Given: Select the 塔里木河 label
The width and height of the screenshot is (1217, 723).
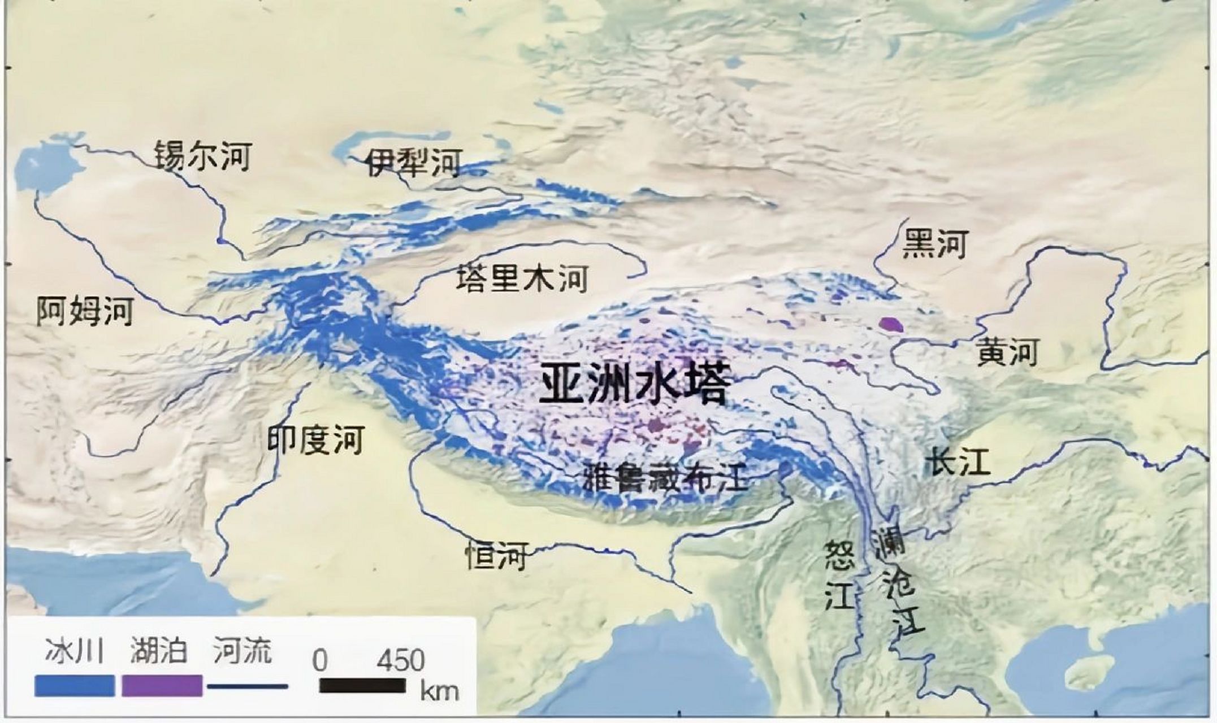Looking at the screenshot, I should (522, 279).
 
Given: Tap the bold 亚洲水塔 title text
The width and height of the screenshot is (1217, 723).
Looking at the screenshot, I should (634, 384).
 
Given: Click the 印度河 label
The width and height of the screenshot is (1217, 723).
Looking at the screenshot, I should (316, 440).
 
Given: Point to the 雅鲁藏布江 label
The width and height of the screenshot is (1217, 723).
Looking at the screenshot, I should (665, 477).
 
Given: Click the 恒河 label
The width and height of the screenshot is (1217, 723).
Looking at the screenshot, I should (496, 556).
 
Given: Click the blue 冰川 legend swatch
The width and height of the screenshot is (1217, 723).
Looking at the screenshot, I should (75, 686).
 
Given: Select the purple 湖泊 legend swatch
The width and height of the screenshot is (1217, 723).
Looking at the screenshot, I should (162, 686).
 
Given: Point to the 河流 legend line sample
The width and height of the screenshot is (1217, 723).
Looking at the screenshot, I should (248, 687).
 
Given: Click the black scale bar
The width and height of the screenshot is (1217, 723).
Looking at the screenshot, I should (362, 686).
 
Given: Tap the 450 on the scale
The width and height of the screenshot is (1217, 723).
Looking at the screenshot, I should (401, 660).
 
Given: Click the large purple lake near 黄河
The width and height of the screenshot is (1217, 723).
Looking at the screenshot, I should (891, 324).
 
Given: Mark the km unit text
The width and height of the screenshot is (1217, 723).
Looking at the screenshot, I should (439, 691).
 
